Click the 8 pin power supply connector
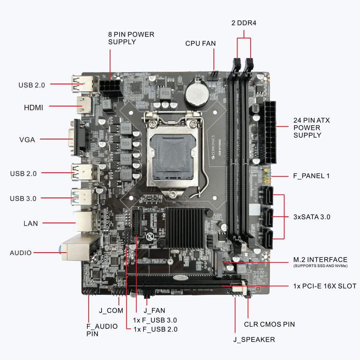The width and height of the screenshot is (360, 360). pos(111,88)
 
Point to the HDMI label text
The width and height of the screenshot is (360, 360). pos(33,107)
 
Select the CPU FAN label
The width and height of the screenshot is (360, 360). pos(201,44)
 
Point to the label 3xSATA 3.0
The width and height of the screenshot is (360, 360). pos(312,217)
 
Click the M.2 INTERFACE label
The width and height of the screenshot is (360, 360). pos(320,260)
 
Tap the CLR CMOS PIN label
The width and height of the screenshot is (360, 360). pos(269,324)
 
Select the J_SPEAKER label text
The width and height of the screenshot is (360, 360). pos(254,339)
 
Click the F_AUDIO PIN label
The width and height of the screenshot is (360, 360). pos(102,330)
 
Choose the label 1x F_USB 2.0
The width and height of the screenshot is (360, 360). pos(155,329)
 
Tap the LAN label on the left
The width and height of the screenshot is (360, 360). pos(31,224)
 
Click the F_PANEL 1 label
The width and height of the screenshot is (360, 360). pos(312,176)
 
